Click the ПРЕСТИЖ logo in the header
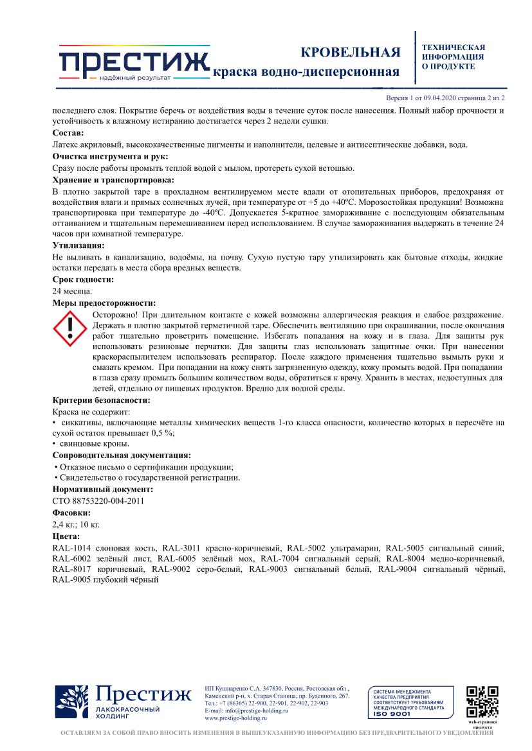(x=133, y=62)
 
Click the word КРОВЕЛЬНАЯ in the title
(x=351, y=52)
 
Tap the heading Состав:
(x=68, y=132)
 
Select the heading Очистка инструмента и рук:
(x=110, y=156)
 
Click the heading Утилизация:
(x=78, y=245)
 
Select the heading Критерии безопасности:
(x=101, y=400)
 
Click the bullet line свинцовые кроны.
(x=93, y=443)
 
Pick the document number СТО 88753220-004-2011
(x=98, y=500)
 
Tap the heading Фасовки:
(x=71, y=513)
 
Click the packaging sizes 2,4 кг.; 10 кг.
(x=76, y=524)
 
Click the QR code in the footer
(x=481, y=702)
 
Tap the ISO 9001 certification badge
(x=406, y=702)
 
